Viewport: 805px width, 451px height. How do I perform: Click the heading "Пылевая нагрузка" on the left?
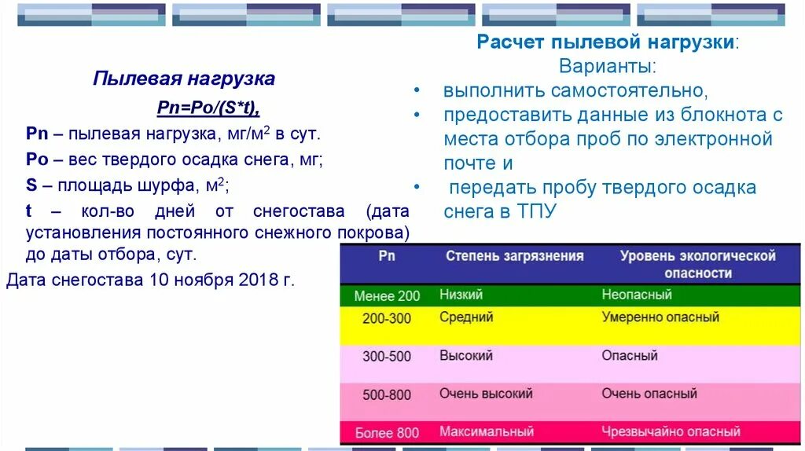click(183, 79)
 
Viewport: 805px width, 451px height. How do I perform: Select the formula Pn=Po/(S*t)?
click(208, 107)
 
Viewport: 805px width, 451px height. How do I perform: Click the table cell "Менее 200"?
click(387, 296)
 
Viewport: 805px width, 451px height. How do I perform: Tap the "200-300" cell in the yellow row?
click(387, 318)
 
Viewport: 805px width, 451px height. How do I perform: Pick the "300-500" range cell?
click(387, 356)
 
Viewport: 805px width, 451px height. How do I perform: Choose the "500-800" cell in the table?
click(387, 394)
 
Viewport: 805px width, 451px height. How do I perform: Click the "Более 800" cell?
click(387, 433)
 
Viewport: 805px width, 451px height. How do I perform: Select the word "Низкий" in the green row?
click(461, 295)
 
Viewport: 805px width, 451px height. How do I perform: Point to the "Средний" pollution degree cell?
click(467, 317)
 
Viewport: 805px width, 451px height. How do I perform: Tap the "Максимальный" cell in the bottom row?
click(487, 431)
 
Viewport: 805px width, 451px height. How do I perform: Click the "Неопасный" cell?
click(637, 295)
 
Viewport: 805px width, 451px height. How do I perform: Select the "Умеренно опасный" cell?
click(660, 317)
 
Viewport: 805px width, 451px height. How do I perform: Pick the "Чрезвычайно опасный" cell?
click(671, 431)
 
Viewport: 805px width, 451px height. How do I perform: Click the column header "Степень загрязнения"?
click(515, 256)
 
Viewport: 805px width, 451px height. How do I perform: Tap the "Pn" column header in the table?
click(387, 256)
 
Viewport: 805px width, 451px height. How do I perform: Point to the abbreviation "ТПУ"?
click(536, 211)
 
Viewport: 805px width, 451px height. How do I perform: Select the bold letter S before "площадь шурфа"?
click(31, 185)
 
